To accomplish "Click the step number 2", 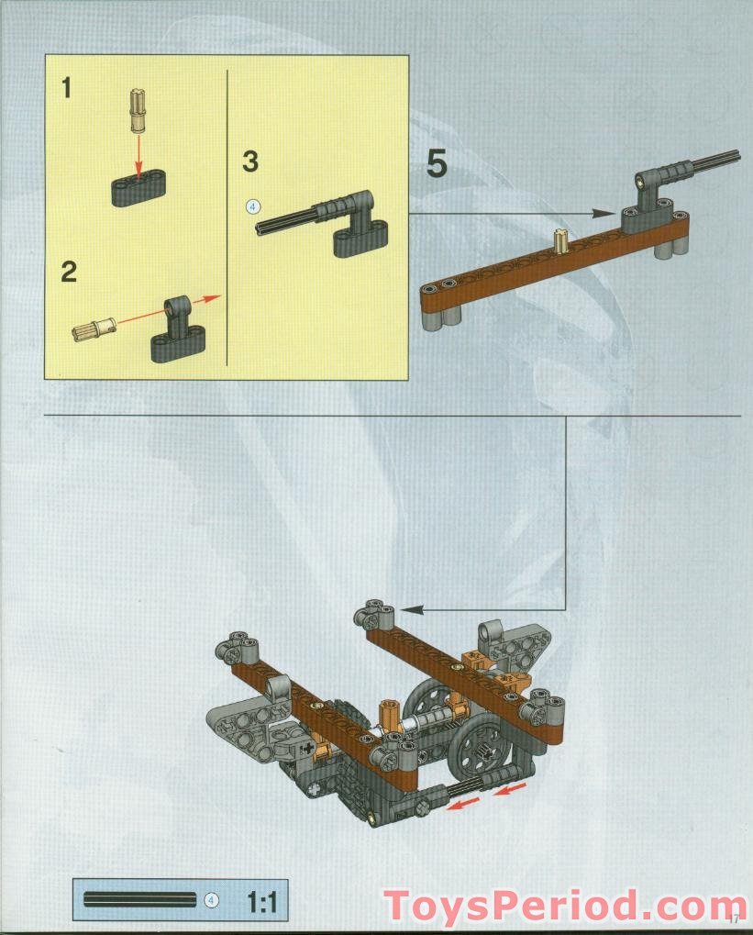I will click(x=68, y=272).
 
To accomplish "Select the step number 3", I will click(x=250, y=161).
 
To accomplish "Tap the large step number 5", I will click(x=437, y=164).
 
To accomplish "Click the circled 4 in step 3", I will click(x=254, y=206).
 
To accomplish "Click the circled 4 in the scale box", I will click(x=212, y=900).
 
